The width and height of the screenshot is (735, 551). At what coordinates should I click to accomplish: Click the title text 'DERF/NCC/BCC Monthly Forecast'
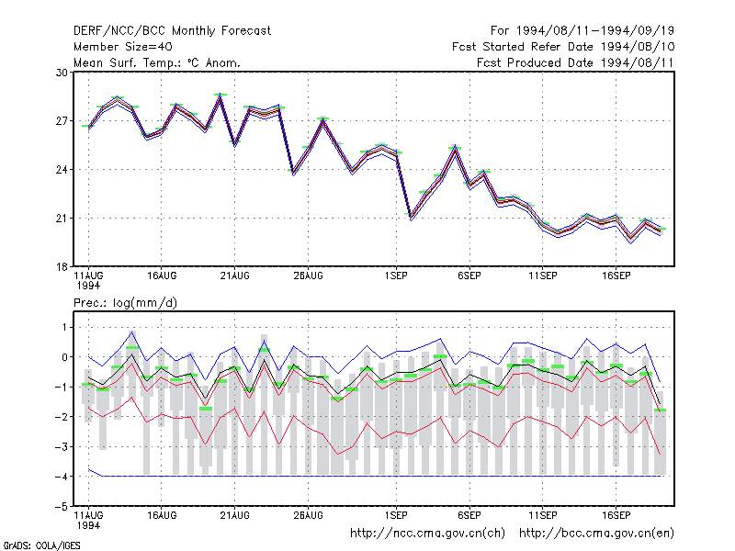tap(172, 31)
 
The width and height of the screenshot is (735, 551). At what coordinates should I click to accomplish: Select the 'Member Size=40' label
tap(123, 47)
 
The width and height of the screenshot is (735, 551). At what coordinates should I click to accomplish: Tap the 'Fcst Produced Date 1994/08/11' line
tap(575, 62)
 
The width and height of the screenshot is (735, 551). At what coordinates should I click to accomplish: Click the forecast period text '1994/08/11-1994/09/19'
tap(595, 31)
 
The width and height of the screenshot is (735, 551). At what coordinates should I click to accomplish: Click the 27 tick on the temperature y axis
tap(62, 121)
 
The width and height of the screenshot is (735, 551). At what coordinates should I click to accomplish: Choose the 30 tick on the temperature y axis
tap(62, 73)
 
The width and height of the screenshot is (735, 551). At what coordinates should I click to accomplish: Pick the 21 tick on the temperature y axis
tap(62, 219)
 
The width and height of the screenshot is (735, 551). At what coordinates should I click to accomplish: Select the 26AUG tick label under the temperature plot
tap(308, 276)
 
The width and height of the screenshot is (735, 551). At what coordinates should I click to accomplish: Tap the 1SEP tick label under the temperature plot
tap(396, 276)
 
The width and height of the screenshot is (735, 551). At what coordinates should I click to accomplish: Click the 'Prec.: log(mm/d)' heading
tap(125, 303)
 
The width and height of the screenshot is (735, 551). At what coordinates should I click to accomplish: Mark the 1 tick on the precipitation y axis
tap(64, 328)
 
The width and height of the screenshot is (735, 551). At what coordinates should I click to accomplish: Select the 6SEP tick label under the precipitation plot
tap(469, 515)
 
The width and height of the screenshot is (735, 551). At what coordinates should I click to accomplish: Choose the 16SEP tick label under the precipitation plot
tap(616, 515)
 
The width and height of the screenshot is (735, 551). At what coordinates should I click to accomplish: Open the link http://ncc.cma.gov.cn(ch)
tap(427, 534)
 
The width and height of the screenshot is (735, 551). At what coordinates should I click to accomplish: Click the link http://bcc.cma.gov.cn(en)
tap(596, 534)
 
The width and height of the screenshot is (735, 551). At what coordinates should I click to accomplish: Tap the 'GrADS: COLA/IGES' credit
tap(41, 545)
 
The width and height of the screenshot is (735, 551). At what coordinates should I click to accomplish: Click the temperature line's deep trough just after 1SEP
tap(411, 217)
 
